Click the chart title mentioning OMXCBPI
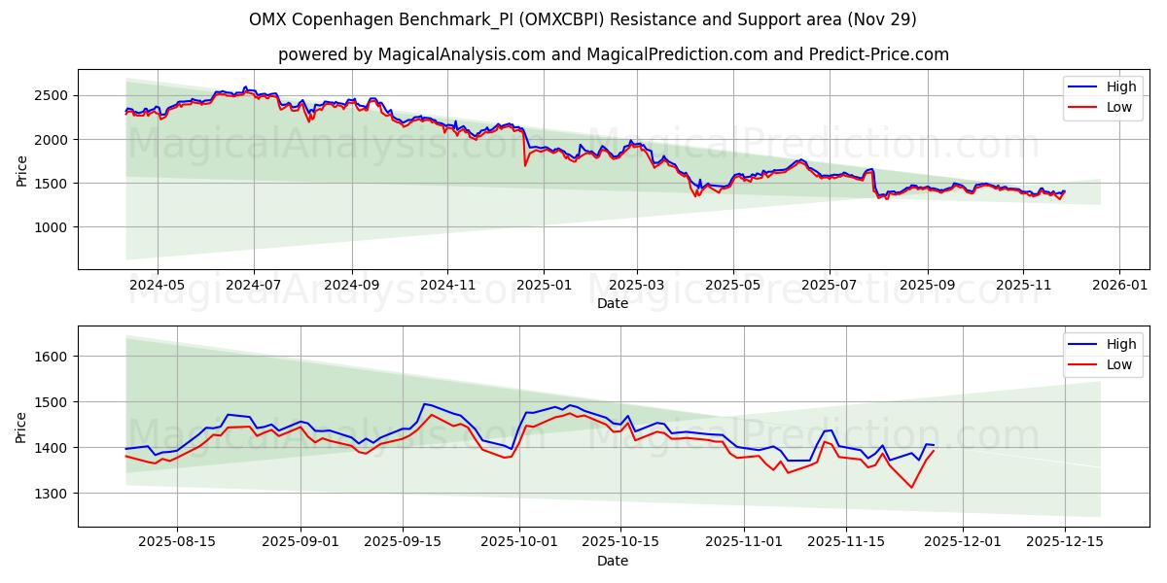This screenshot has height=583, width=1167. (x=583, y=19)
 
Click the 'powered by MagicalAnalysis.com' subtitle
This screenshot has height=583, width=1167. (x=613, y=54)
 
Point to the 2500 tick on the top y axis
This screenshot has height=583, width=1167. (x=52, y=95)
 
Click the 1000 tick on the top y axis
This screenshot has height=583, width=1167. (x=52, y=227)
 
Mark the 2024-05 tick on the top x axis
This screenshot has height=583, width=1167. (x=157, y=286)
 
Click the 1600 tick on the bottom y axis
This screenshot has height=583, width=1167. (x=52, y=357)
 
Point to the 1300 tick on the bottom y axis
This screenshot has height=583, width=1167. (x=52, y=494)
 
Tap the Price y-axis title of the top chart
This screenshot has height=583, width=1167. (x=21, y=170)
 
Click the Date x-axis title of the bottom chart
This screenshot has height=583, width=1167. (x=613, y=561)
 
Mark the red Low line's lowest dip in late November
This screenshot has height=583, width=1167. (x=911, y=487)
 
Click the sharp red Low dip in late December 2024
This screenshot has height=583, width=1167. (x=525, y=165)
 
